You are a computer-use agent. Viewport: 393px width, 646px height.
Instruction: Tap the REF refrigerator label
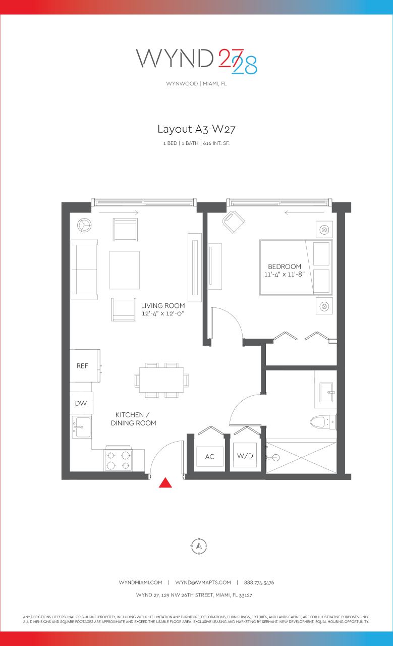coord(82,366)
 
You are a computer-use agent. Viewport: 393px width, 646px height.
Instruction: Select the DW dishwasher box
coord(81,403)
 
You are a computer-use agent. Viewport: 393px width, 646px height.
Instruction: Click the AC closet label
coord(210,457)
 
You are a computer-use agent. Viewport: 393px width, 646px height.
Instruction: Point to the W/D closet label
coord(245,456)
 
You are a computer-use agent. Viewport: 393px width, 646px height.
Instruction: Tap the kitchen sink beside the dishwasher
coord(81,427)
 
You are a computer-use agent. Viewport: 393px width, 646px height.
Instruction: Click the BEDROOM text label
coord(285,266)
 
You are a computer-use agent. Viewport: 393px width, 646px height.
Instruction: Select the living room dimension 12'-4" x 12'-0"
coord(163,313)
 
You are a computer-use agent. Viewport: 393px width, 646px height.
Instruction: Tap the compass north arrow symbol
coord(199,546)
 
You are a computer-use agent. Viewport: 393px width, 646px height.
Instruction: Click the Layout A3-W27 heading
coord(196,129)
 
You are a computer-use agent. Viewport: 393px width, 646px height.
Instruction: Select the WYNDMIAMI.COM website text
coord(140,582)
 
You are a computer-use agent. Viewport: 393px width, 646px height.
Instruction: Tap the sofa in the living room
coord(84,270)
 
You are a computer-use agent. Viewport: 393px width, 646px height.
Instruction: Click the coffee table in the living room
coord(125,270)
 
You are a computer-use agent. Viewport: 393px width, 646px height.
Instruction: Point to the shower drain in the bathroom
coord(275,458)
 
